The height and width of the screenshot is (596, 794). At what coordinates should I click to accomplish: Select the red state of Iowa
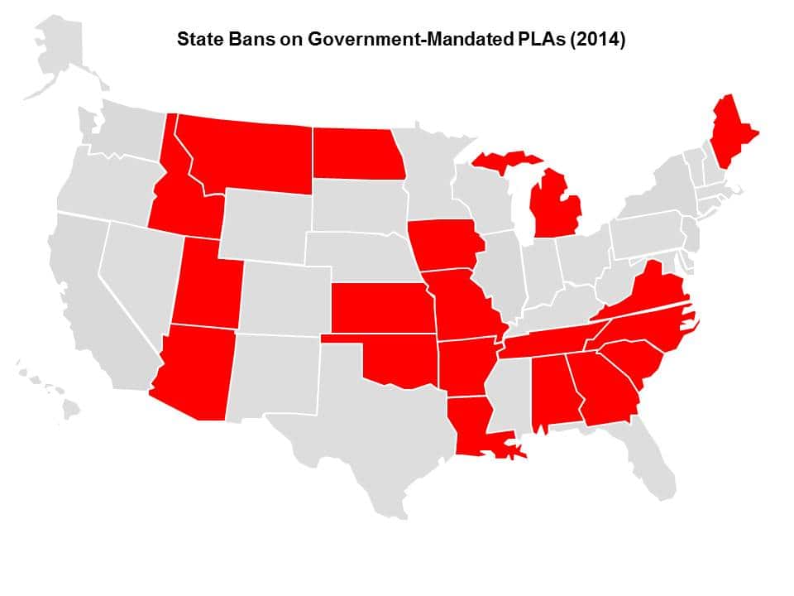click(x=442, y=244)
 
